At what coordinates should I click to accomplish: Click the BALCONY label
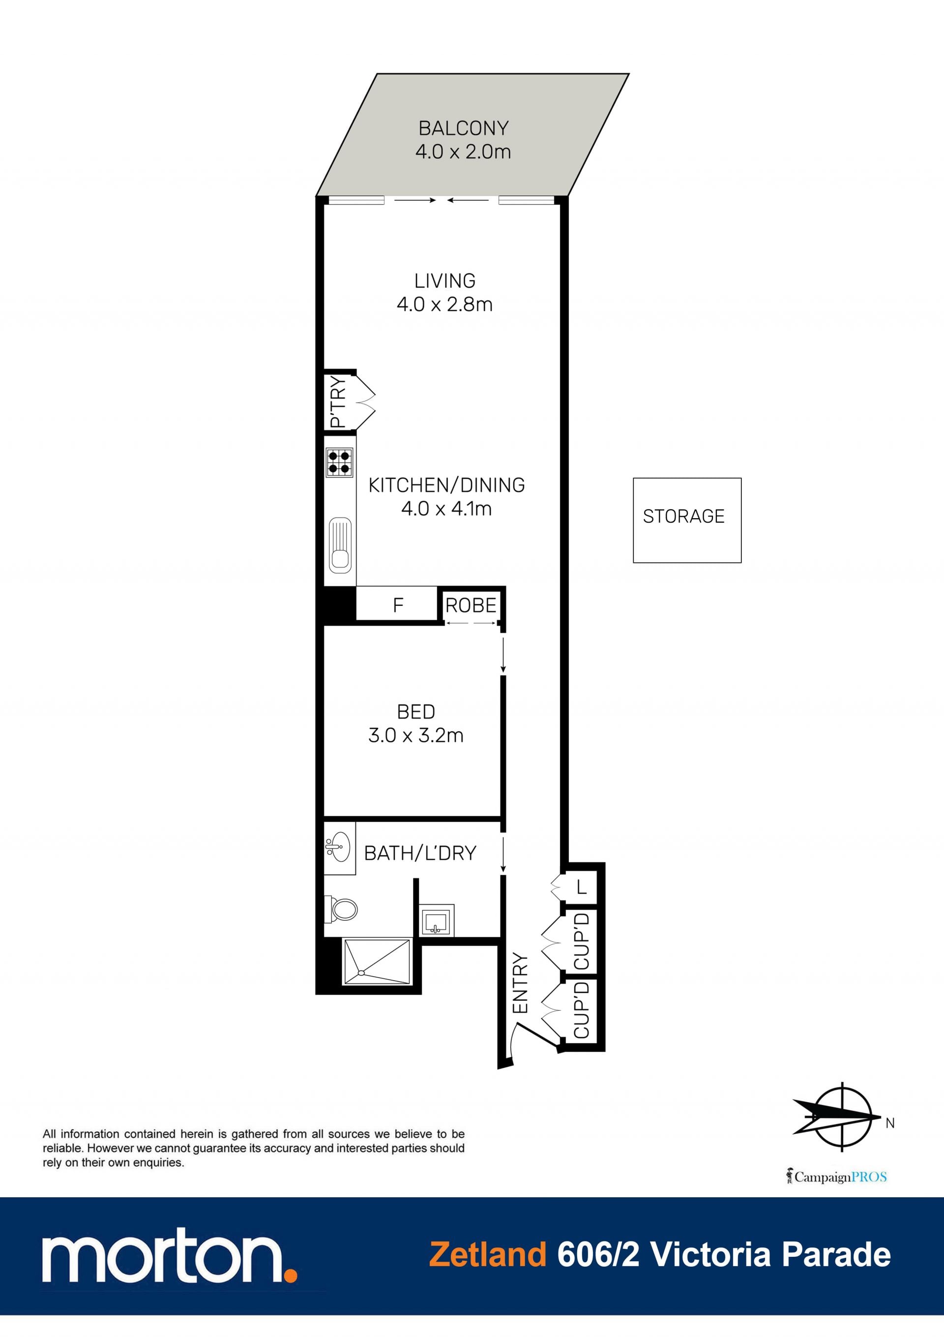coord(463,128)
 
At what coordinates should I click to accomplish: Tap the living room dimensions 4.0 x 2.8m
coord(444,305)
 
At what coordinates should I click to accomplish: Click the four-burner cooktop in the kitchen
coord(339,463)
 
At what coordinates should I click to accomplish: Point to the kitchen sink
coord(340,545)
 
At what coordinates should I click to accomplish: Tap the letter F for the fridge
coord(398,606)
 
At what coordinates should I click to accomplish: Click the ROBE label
coord(471,606)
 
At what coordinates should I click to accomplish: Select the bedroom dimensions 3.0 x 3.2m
coord(415,736)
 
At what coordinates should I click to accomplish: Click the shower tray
coord(377,962)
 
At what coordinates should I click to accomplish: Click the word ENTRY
coord(520,984)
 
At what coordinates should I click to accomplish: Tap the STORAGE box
coord(687,520)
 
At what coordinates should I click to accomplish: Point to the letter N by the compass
coord(890,1123)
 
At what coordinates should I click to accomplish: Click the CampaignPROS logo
coord(836,1177)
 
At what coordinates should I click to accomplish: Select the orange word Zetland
coord(488,1254)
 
